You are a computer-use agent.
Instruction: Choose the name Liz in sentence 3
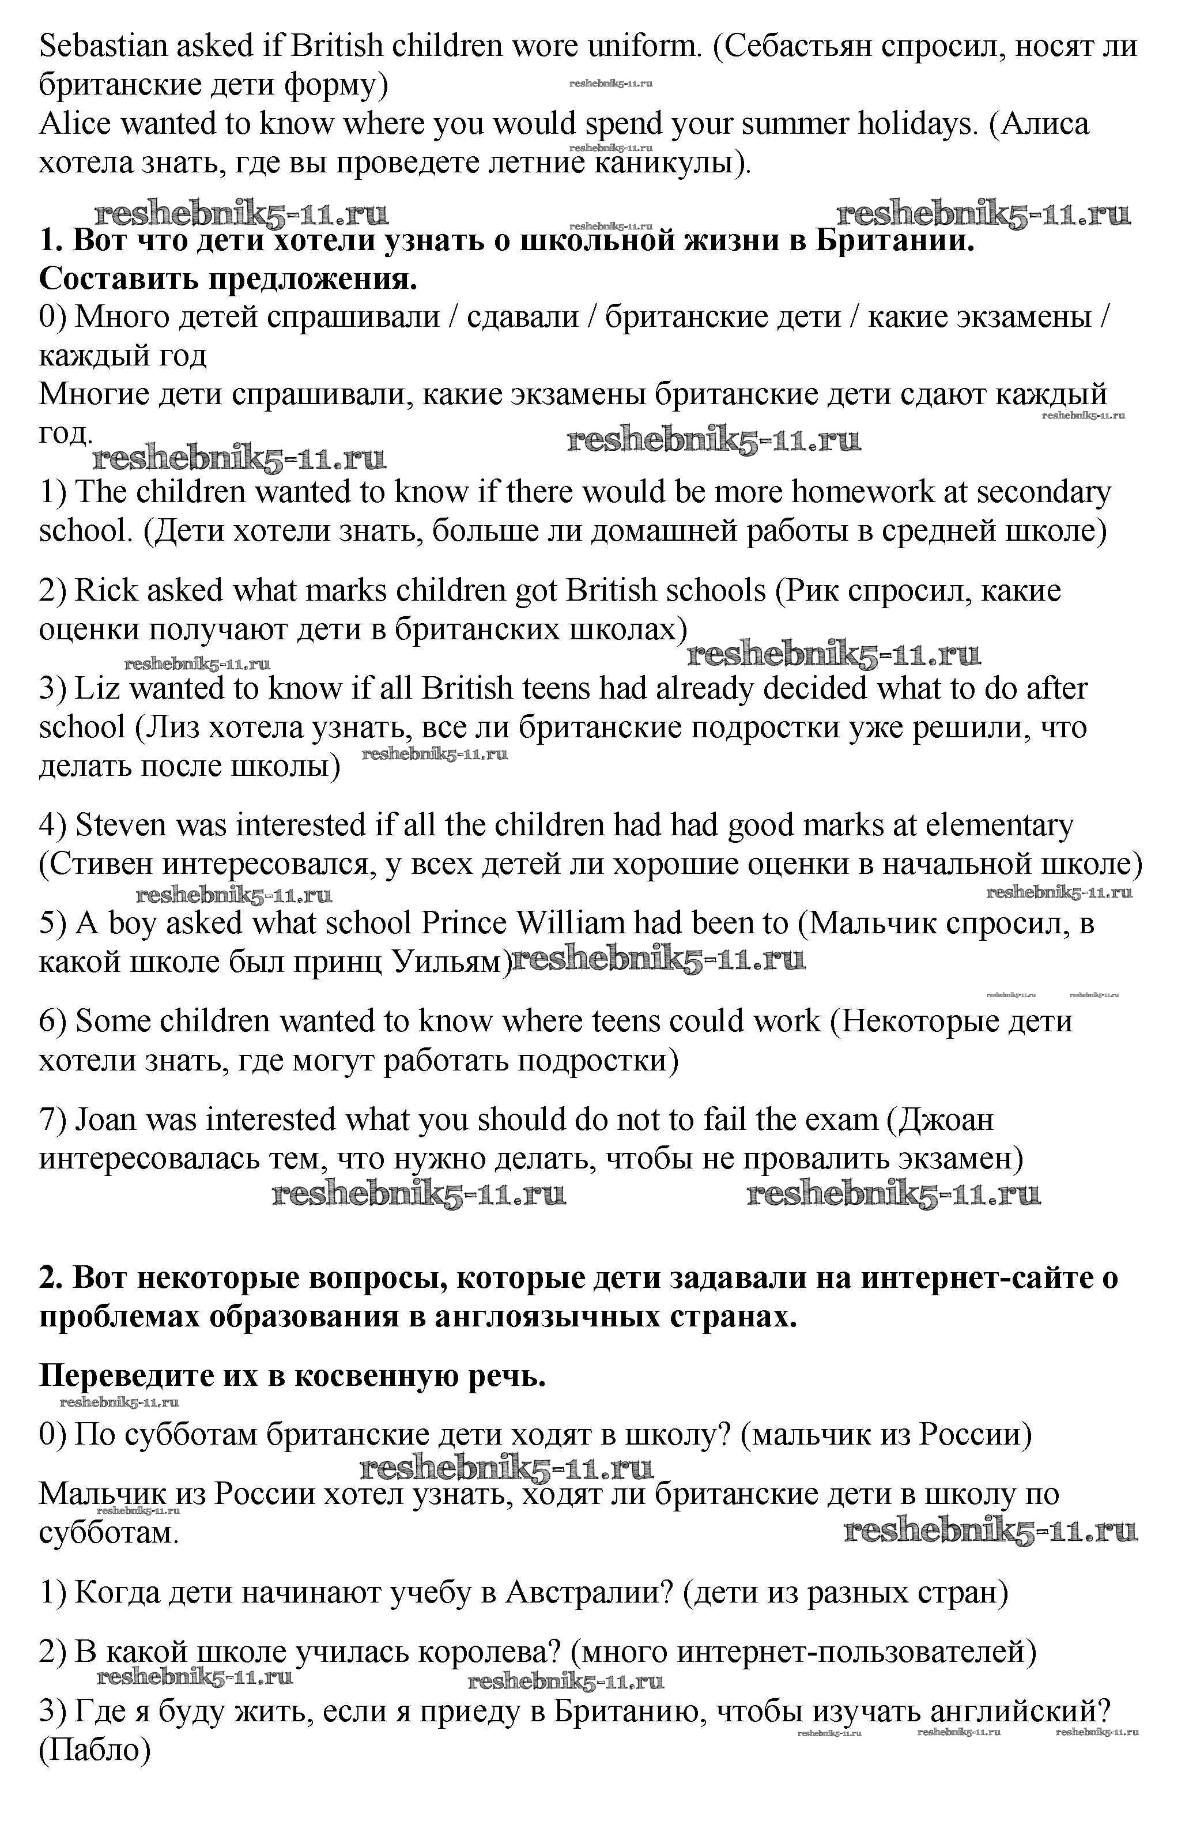point(97,689)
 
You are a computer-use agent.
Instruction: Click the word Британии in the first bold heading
point(894,241)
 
